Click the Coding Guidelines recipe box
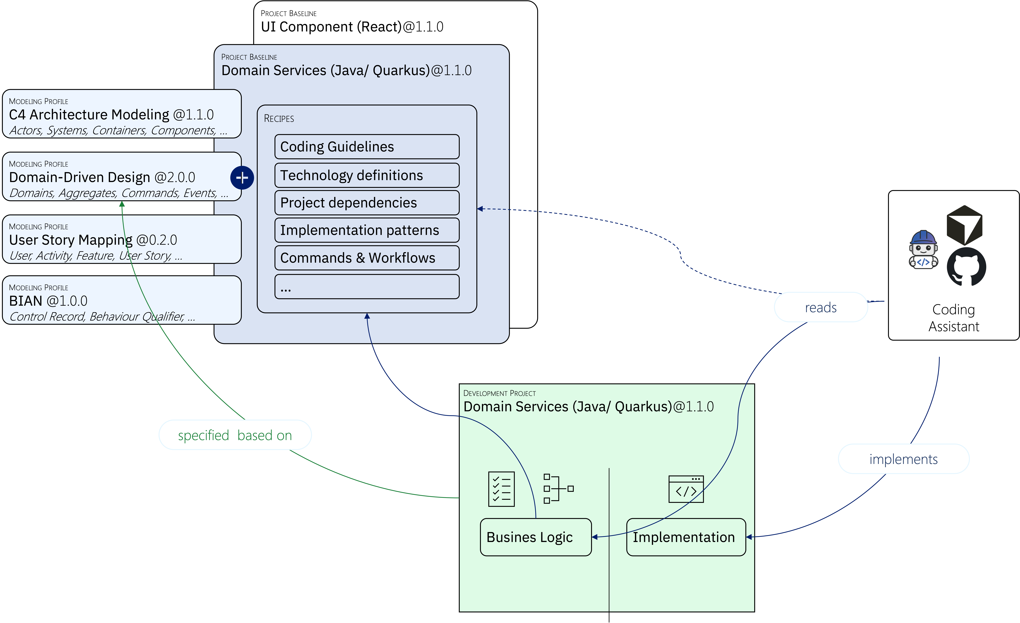click(367, 147)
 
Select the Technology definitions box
click(367, 175)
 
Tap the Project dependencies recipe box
click(367, 203)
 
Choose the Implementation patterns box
click(367, 230)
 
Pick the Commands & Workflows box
click(367, 258)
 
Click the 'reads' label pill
click(820, 307)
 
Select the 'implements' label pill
click(903, 459)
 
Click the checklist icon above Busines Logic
click(501, 489)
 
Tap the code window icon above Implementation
click(686, 489)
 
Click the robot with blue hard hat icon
click(923, 250)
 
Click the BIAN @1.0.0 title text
click(48, 301)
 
